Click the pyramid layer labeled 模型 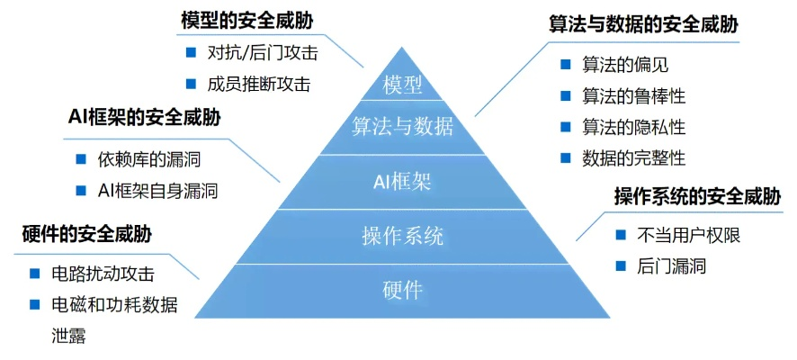tap(402, 86)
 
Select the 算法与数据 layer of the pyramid tap(402, 126)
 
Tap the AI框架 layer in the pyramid tap(402, 180)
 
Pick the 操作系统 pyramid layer tap(402, 237)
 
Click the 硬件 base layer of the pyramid tap(402, 291)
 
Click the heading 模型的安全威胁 tap(240, 20)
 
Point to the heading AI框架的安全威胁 tap(145, 118)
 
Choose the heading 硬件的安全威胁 tap(86, 236)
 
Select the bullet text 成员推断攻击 tap(258, 84)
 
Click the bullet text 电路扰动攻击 tap(103, 274)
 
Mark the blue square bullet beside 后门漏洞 tap(620, 265)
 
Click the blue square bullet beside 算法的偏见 tap(565, 64)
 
